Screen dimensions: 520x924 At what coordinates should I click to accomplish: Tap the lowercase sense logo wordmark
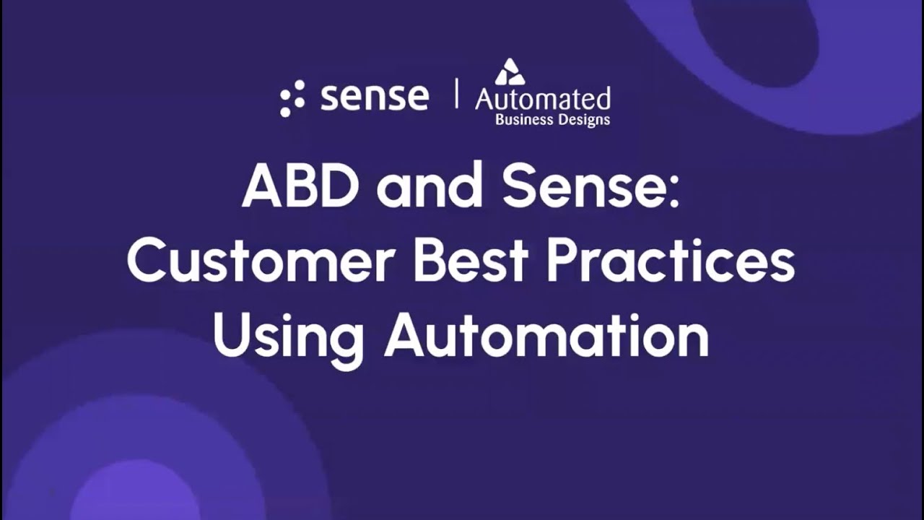coord(375,97)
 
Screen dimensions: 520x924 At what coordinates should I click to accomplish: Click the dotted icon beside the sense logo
coord(292,98)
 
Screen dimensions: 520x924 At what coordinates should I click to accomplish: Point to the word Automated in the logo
coord(543,98)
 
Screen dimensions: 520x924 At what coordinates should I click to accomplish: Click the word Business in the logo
coord(522,119)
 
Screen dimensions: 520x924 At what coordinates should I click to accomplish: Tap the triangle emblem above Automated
coord(510,72)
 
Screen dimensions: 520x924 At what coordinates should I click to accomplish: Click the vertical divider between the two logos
coord(456,95)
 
